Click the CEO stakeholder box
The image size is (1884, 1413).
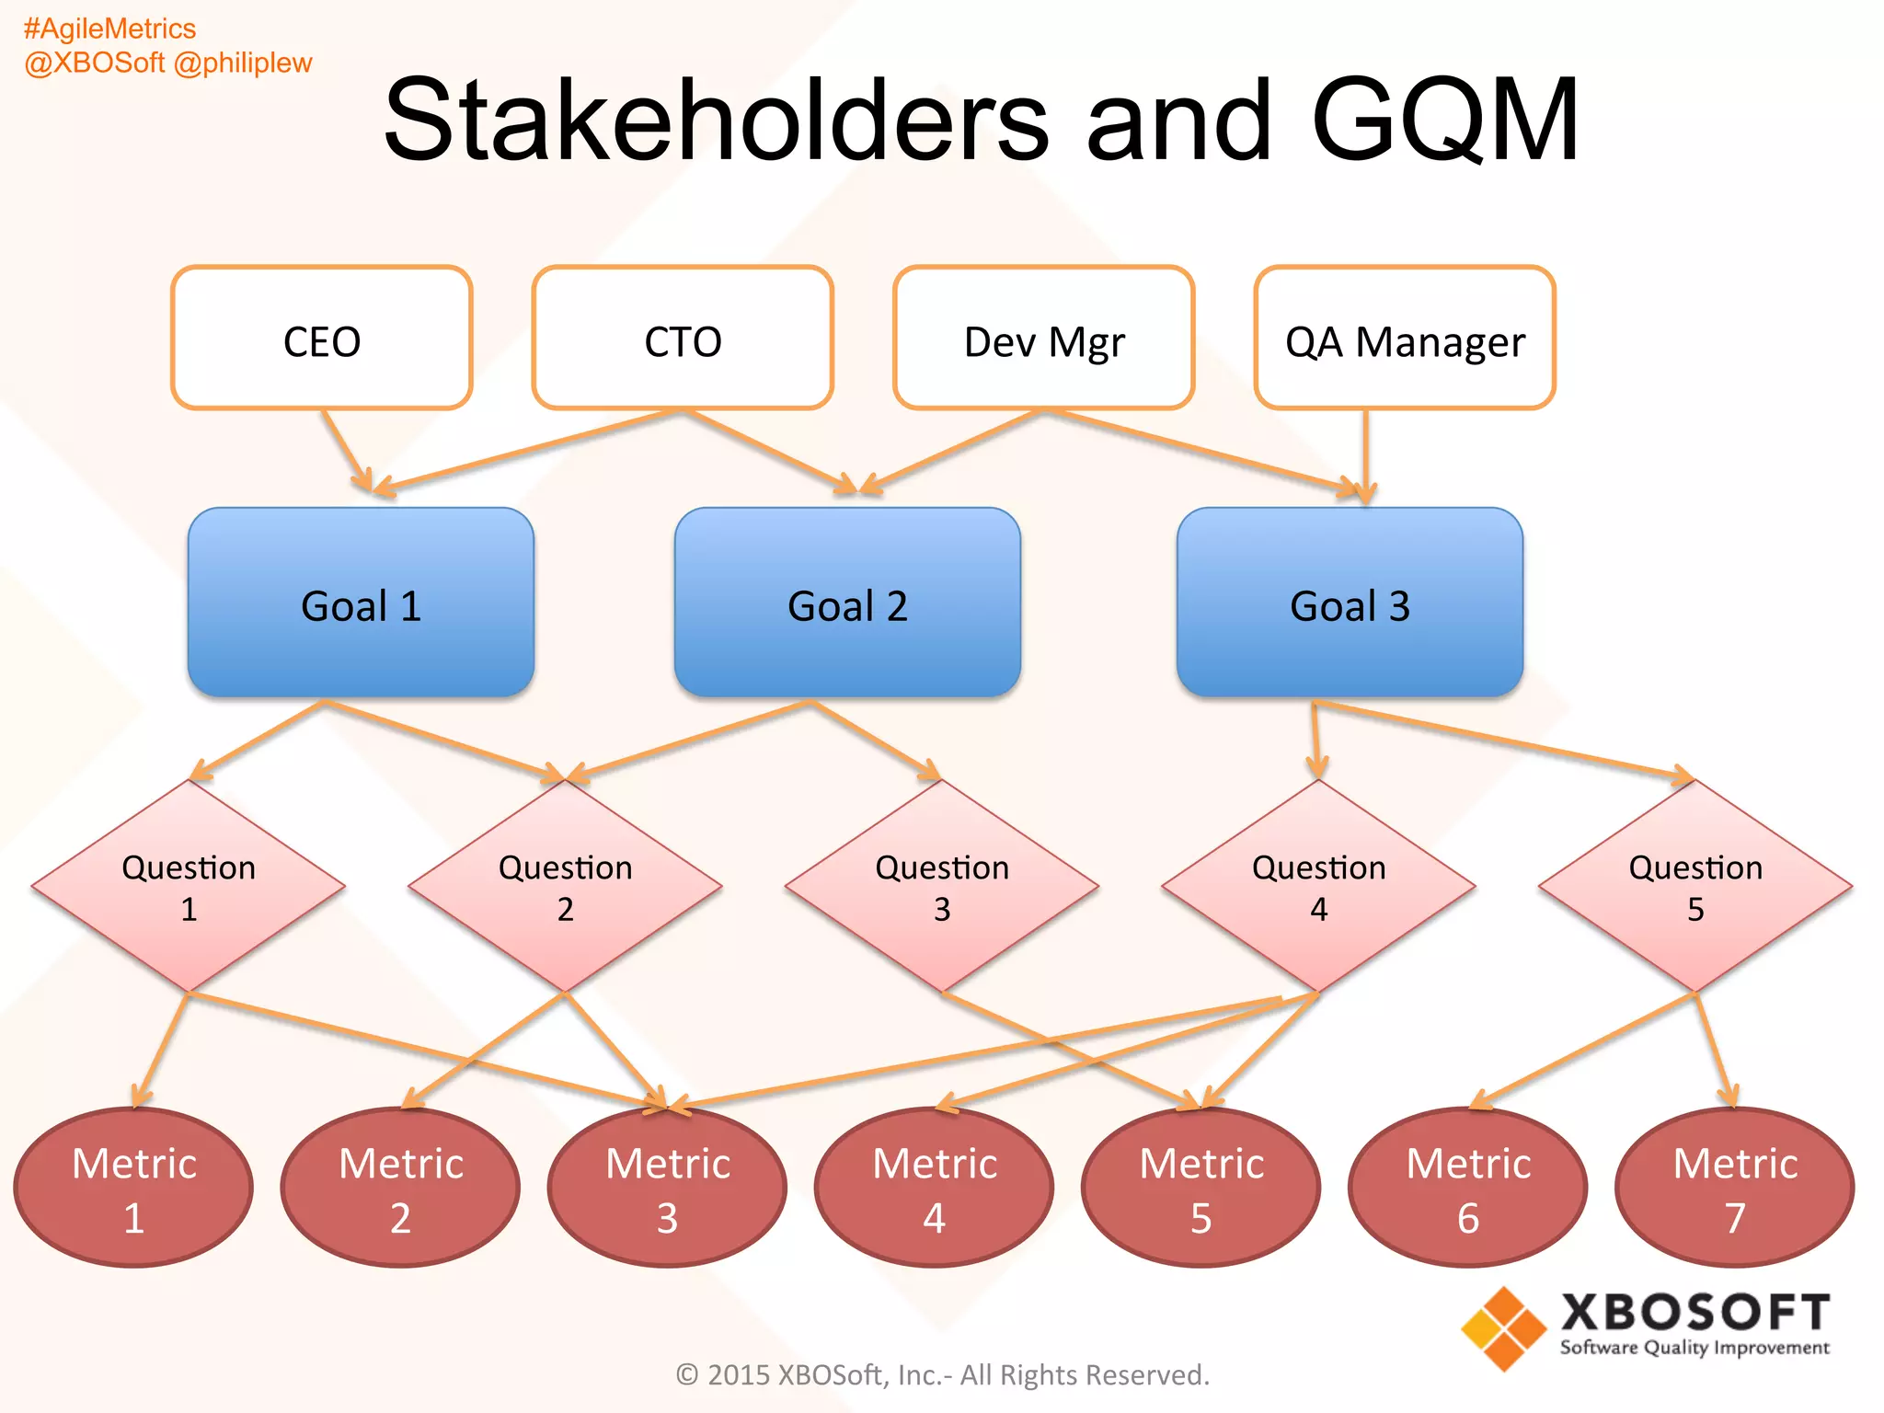click(322, 339)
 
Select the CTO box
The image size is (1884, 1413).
click(683, 339)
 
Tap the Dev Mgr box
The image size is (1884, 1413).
click(1044, 339)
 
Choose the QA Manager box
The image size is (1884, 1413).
click(1405, 339)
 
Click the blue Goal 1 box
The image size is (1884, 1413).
click(361, 603)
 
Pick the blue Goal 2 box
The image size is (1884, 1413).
click(847, 603)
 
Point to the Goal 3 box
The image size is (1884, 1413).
click(1350, 603)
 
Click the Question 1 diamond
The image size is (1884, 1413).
click(189, 887)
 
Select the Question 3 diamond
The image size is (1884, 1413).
click(942, 887)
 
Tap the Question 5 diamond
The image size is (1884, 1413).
click(1695, 887)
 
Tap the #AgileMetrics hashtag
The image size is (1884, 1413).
click(109, 29)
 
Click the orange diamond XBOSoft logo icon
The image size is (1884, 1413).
click(1503, 1328)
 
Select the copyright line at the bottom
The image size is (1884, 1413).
click(942, 1374)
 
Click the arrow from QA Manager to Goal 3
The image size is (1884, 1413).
click(1366, 455)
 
